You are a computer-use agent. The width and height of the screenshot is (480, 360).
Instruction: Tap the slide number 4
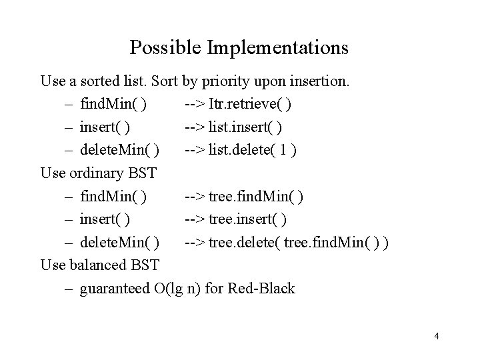tap(436, 336)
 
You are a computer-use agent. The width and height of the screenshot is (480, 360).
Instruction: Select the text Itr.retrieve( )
tap(249, 105)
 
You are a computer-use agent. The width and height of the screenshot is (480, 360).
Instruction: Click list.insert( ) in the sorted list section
tap(246, 127)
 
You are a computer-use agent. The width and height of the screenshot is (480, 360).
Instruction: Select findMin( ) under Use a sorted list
tap(114, 105)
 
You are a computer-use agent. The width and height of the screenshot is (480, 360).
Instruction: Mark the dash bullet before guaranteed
tap(69, 289)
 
